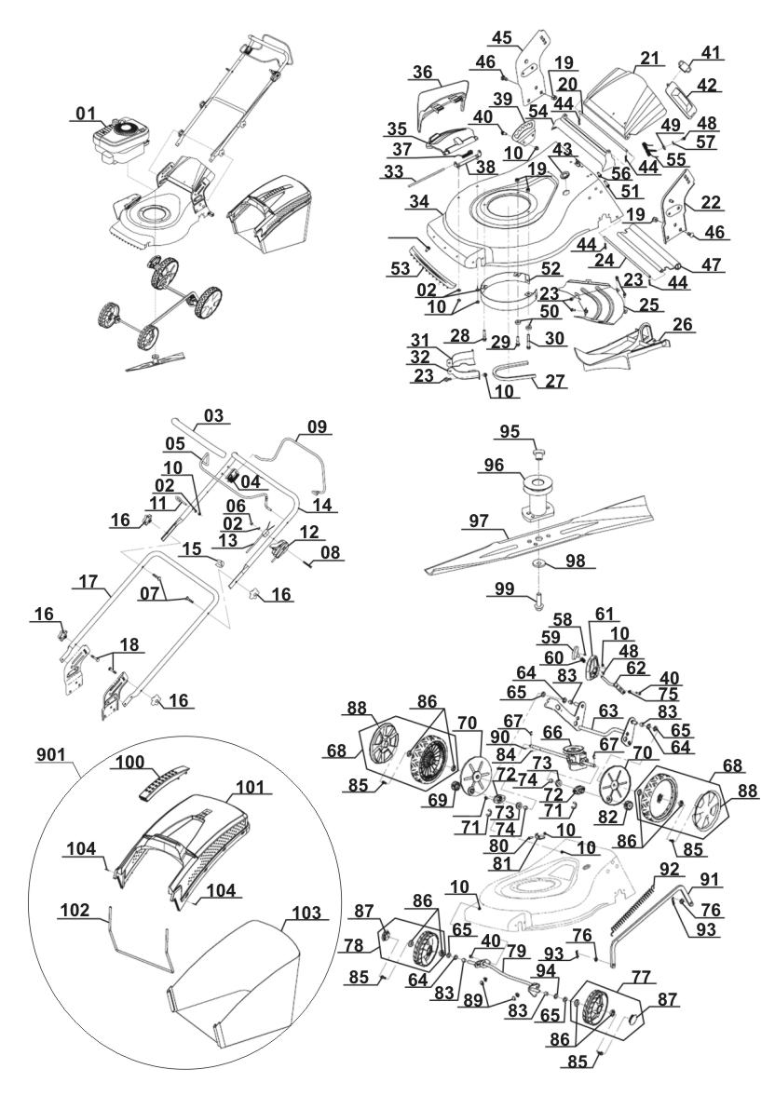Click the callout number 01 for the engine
pos(86,114)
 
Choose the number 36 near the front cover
pos(422,72)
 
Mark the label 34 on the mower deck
pos(418,201)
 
